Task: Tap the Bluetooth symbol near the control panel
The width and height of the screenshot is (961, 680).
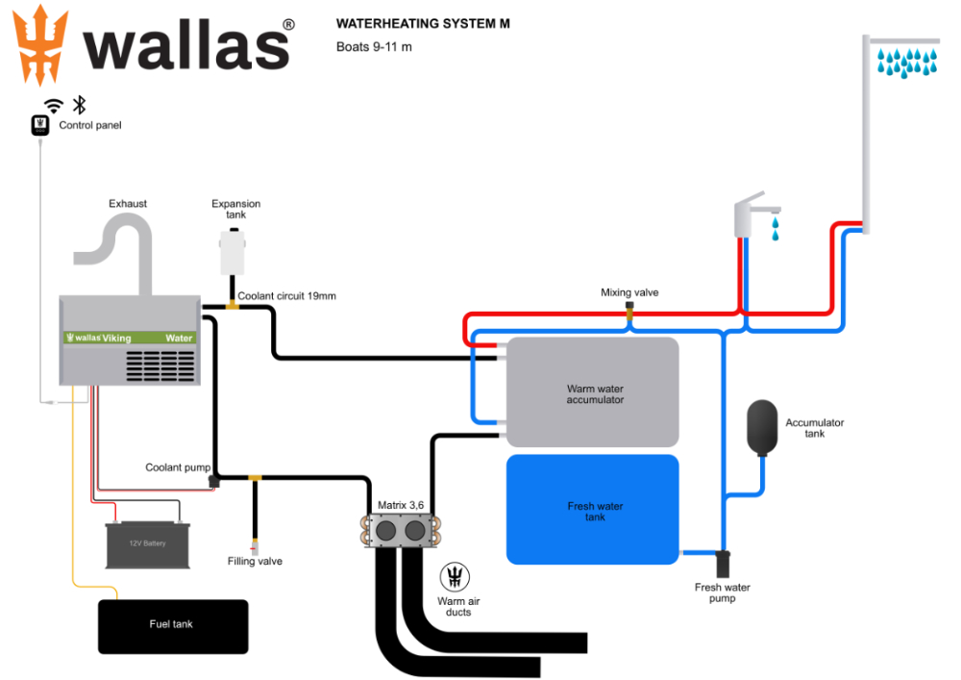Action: tap(80, 106)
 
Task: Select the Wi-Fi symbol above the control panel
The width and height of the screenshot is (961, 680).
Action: tap(55, 106)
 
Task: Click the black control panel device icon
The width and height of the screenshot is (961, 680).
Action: tap(39, 125)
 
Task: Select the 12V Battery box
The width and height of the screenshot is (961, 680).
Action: tap(147, 544)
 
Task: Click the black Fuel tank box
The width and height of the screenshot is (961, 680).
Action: tap(173, 626)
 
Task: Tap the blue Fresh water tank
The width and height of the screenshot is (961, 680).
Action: tap(593, 510)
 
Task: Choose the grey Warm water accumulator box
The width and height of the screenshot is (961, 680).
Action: tap(593, 392)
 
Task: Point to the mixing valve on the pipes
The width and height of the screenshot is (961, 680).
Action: tap(630, 311)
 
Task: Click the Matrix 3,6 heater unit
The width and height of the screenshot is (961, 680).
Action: tap(402, 531)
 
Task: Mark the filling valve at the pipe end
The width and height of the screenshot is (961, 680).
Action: tap(255, 548)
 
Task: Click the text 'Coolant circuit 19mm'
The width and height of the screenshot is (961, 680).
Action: tap(287, 296)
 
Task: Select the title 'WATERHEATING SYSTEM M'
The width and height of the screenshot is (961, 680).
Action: tap(423, 24)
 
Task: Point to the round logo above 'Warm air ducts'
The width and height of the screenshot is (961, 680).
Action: tap(456, 577)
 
